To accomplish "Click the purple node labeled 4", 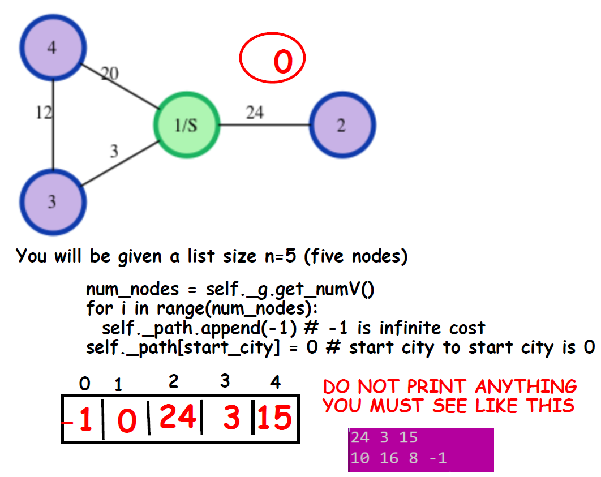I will click(x=52, y=49).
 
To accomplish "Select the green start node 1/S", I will click(x=186, y=125).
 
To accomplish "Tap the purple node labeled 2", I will click(x=342, y=125).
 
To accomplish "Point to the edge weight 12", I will click(x=43, y=113).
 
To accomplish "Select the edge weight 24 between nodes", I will click(x=254, y=113).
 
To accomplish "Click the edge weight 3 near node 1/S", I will click(x=114, y=151).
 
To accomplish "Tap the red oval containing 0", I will click(x=273, y=60).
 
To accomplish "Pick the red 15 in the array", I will click(x=276, y=419).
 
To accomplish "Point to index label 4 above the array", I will click(x=275, y=383).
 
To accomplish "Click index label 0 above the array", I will click(x=84, y=384).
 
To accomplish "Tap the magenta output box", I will click(x=420, y=449).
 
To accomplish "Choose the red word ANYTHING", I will click(x=526, y=387).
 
